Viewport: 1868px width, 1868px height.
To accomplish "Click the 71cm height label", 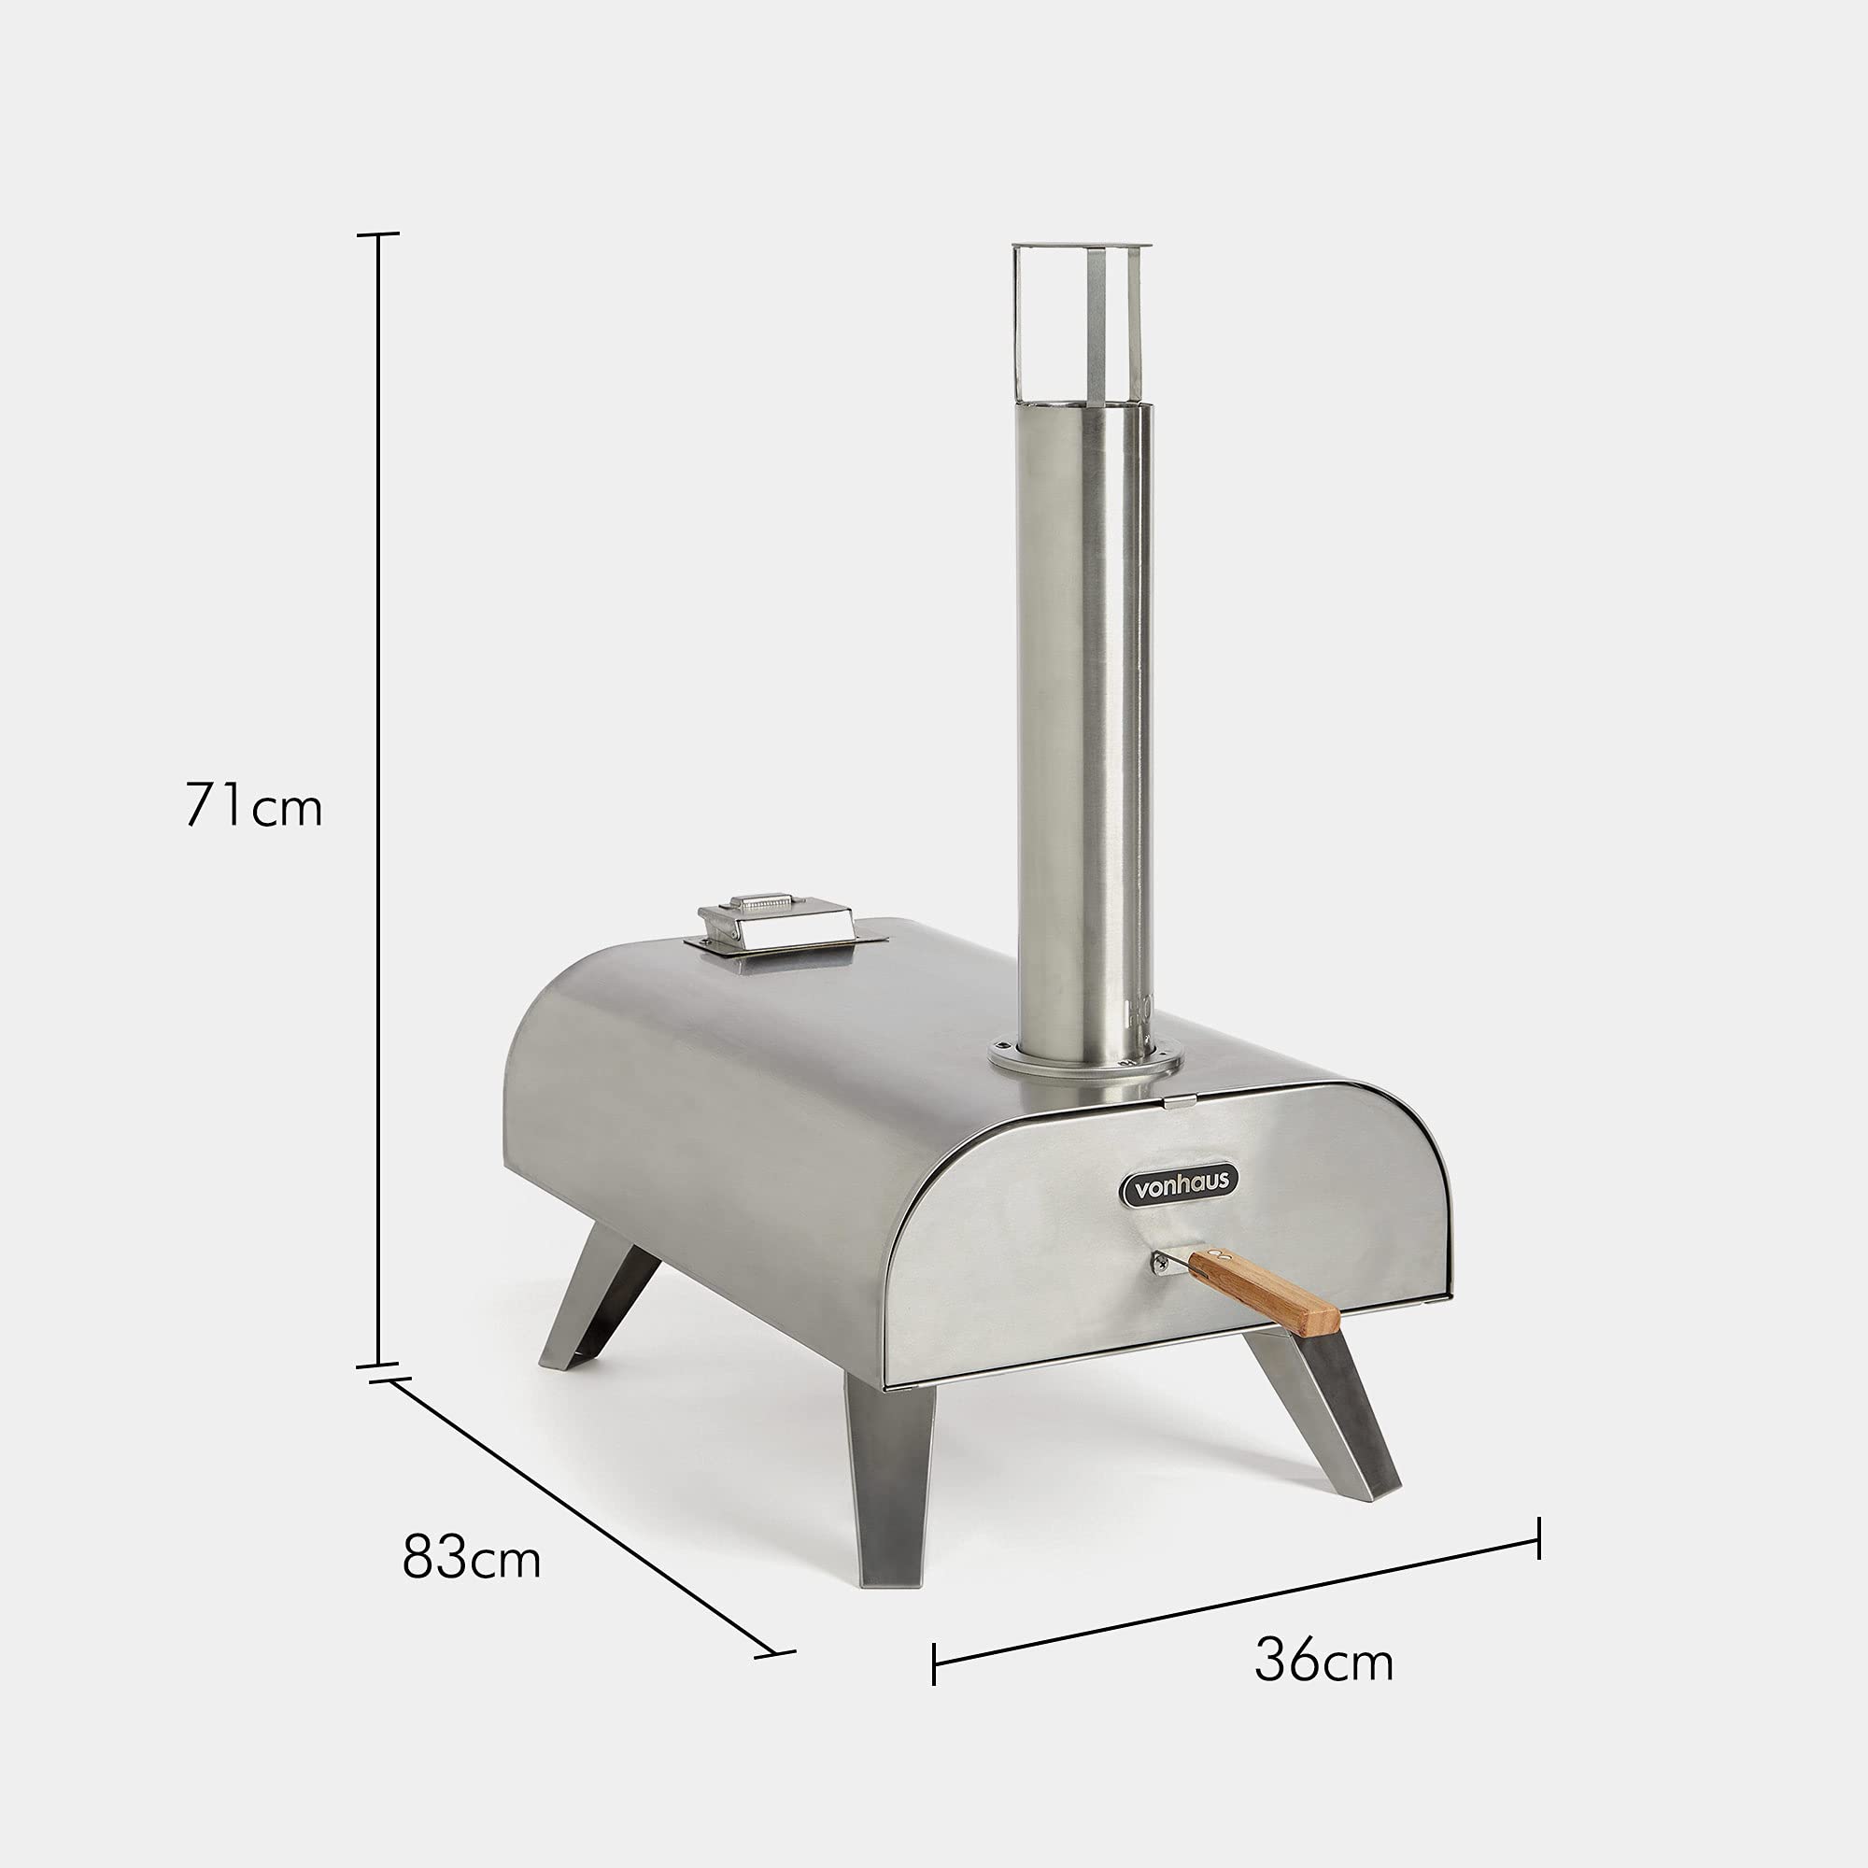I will pos(253,803).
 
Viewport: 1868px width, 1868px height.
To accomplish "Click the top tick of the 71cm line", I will pos(377,234).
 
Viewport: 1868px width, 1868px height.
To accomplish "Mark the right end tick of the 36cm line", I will pos(1538,1537).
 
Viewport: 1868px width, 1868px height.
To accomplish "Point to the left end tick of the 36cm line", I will pos(934,1663).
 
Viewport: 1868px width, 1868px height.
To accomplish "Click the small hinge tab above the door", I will pos(1179,1100).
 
